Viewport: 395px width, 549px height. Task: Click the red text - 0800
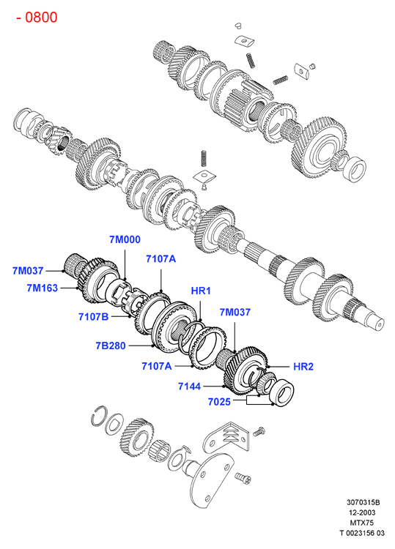[37, 17]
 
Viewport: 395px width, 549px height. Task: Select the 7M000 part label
[125, 239]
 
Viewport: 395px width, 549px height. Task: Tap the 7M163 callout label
[42, 288]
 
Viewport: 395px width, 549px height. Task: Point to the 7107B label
[93, 316]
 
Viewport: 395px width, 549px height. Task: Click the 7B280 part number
[111, 346]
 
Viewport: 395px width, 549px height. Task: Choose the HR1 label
[201, 291]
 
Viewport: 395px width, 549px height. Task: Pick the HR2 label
[303, 367]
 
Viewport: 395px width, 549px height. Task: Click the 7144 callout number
[189, 386]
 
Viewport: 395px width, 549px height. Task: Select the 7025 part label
[219, 402]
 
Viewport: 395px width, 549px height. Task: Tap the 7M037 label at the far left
[28, 271]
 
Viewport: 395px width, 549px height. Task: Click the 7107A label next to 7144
[157, 366]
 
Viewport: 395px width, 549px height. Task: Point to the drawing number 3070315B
[363, 502]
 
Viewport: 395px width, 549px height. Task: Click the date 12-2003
[362, 512]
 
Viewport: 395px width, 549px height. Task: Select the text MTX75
[362, 523]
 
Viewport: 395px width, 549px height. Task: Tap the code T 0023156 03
[362, 533]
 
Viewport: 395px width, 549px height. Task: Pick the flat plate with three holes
[211, 479]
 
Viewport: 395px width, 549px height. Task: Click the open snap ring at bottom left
[99, 416]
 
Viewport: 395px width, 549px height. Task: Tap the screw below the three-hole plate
[243, 478]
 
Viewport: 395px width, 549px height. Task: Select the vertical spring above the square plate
[203, 159]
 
